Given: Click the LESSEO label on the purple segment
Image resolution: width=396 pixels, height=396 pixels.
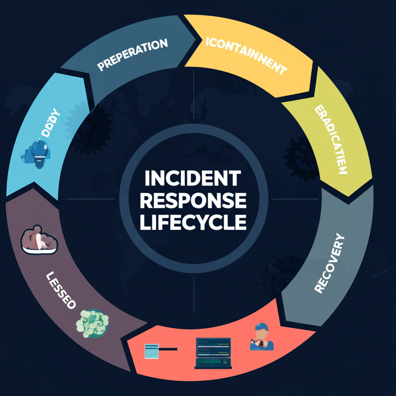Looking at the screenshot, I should (60, 290).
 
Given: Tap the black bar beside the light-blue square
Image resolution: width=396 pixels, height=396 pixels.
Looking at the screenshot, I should (168, 349).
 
